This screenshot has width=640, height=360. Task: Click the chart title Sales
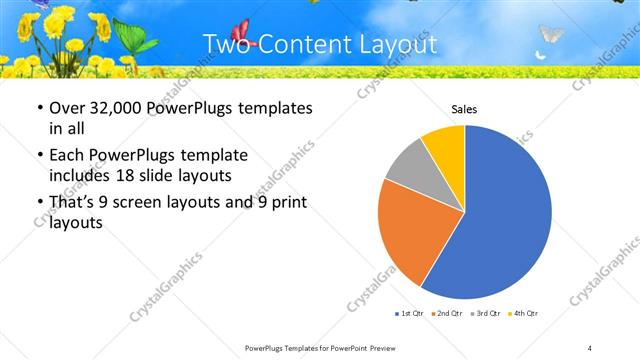point(464,109)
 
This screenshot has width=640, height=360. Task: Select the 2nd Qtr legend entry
point(444,314)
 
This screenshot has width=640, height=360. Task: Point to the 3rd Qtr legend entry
point(484,314)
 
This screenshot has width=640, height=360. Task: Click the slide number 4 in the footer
point(590,347)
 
